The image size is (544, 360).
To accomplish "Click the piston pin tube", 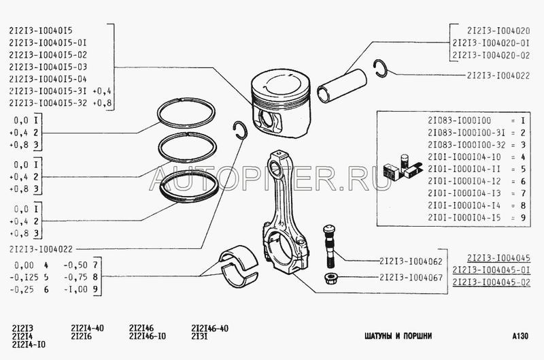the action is [x=342, y=86].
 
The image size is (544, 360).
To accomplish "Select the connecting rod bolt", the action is [x=328, y=246].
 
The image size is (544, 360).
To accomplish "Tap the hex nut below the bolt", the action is [x=328, y=278].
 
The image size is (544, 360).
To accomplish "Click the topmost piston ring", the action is [x=186, y=112].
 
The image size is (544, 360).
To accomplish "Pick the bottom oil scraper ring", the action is [x=189, y=187].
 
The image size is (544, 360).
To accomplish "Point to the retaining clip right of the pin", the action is [x=380, y=68].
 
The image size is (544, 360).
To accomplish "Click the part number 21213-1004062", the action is [x=411, y=261].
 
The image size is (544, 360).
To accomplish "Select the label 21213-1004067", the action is [x=411, y=278].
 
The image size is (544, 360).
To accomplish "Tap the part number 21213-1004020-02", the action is [x=491, y=55].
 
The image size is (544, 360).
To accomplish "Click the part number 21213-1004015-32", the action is [x=48, y=103].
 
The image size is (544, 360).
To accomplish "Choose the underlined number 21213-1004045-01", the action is [x=491, y=269].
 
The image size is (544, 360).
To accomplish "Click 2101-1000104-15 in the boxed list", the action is [x=464, y=218].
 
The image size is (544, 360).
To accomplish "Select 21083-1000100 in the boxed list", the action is [x=460, y=120].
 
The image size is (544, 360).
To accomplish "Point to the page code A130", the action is [x=520, y=336].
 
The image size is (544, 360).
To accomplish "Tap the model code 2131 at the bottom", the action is [x=199, y=336].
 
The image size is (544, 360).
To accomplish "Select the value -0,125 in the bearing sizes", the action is [x=24, y=277].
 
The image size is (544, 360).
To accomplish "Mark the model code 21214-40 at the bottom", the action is [x=87, y=328].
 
